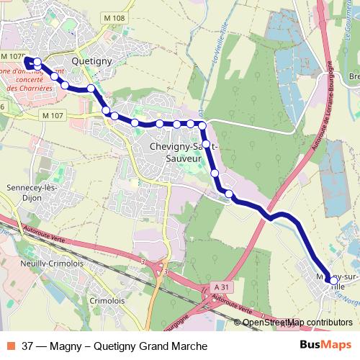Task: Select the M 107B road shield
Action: click(x=13, y=56)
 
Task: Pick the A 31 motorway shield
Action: click(x=223, y=287)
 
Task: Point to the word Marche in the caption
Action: click(x=179, y=346)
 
